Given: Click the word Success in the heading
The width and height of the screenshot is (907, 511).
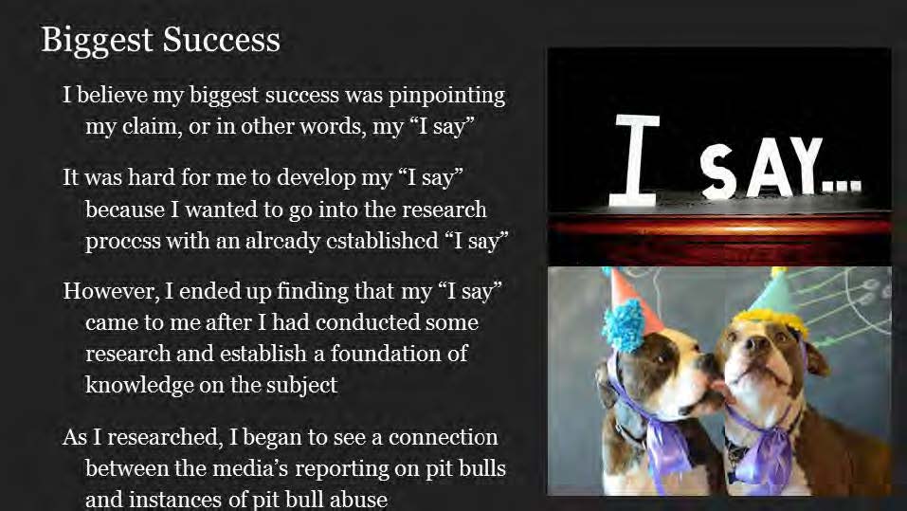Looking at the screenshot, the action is tap(222, 40).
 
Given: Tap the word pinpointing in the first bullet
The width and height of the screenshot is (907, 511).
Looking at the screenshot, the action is tap(446, 96).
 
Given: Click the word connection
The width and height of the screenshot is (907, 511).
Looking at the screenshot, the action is tap(444, 437).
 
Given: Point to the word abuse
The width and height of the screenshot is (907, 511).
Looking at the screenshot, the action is tap(357, 500).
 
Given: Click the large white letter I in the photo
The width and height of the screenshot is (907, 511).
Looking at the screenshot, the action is tap(635, 160).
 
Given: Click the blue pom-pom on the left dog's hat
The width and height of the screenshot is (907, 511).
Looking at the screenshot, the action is tap(625, 326).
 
